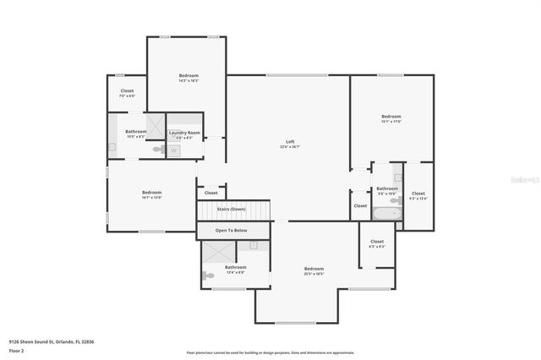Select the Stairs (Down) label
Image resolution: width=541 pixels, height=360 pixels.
(231, 209)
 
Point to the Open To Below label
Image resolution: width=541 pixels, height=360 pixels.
(231, 230)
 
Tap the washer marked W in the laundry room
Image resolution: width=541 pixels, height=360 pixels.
(174, 150)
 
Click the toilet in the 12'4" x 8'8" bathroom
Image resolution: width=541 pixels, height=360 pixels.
(209, 275)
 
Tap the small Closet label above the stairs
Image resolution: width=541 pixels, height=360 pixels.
(211, 193)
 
